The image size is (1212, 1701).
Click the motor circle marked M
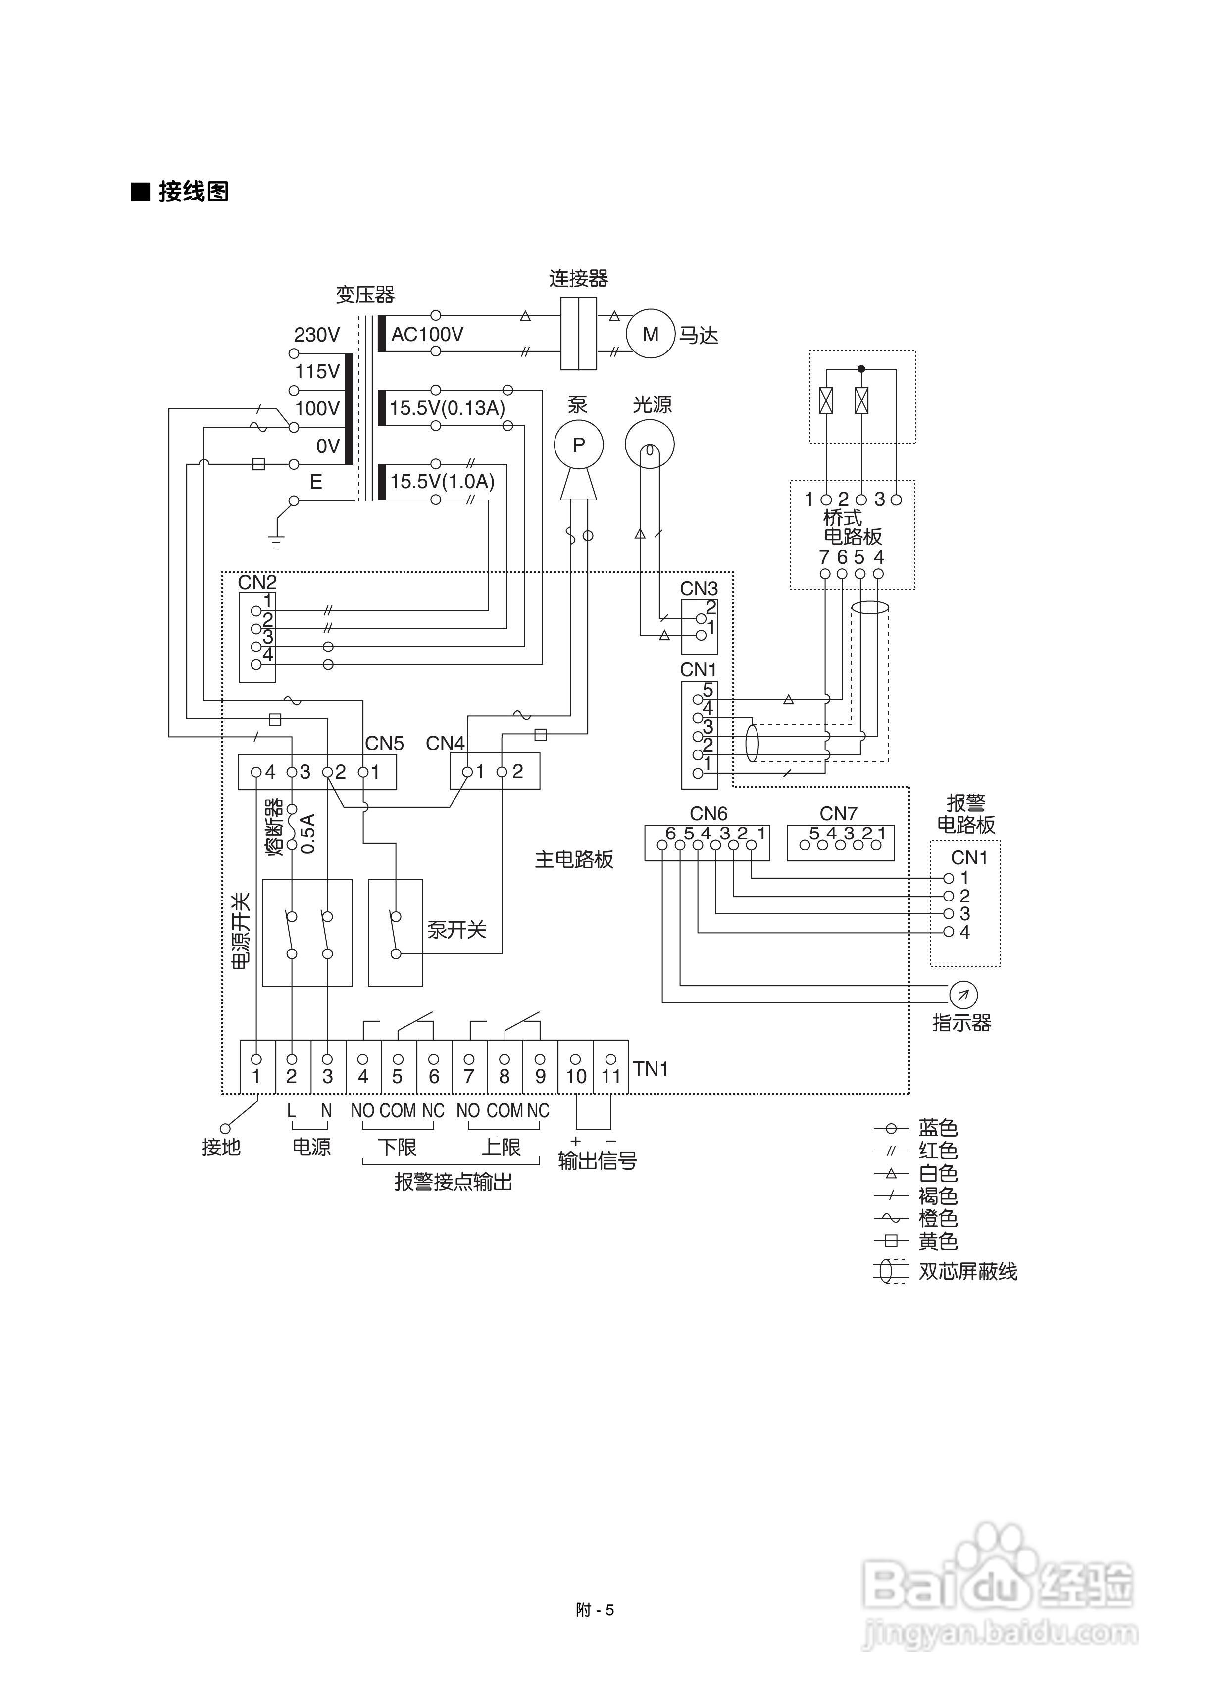[650, 334]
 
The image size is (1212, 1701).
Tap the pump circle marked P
[578, 445]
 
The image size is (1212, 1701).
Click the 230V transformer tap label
[316, 335]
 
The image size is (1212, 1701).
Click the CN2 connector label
[257, 582]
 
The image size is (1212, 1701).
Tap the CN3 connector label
[699, 589]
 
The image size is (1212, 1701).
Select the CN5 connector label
[384, 743]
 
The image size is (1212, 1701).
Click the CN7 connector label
[838, 813]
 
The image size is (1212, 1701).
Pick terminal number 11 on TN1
[611, 1077]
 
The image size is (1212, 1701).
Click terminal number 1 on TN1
[256, 1077]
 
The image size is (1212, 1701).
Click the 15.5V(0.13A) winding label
[447, 408]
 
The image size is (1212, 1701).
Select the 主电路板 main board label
[574, 859]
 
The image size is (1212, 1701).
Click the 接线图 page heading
[193, 192]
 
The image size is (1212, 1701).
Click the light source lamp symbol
[649, 445]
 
